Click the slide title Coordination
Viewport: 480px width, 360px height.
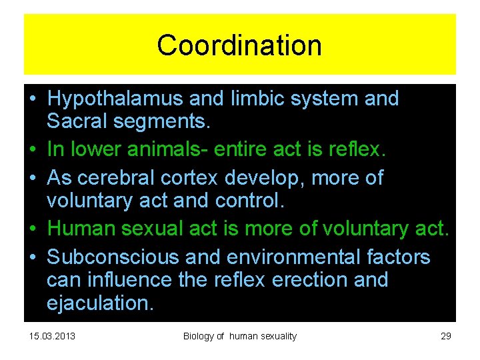pos(239,45)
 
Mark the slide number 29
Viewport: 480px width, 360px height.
pos(446,336)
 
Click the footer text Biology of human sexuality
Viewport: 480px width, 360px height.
pos(240,336)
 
